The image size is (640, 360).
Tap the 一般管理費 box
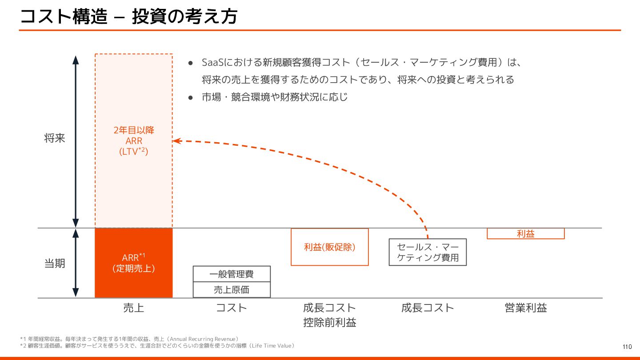click(232, 274)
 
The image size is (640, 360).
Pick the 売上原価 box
click(232, 290)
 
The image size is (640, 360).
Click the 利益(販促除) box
click(330, 247)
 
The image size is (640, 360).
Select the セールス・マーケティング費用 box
click(428, 252)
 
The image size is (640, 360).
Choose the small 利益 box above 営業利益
click(525, 234)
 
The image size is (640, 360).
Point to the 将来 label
click(55, 138)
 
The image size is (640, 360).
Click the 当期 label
click(55, 263)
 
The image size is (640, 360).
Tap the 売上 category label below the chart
click(133, 308)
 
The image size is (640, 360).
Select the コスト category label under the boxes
click(232, 308)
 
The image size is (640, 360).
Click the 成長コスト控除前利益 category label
click(330, 315)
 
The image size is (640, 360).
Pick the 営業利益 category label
click(525, 308)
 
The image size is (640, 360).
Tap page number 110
click(627, 347)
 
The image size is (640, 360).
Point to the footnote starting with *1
click(129, 339)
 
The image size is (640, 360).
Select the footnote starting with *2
click(157, 346)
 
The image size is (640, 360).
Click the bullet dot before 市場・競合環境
click(190, 97)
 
